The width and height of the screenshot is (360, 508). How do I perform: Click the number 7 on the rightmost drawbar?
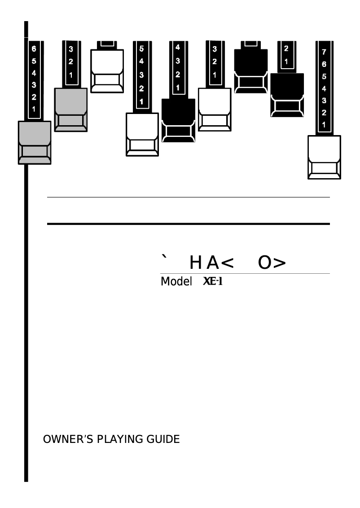(324, 53)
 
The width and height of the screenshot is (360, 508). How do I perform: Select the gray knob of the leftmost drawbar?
(35, 143)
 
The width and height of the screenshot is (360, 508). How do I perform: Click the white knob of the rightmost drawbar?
(324, 157)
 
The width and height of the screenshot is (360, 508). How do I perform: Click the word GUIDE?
(163, 439)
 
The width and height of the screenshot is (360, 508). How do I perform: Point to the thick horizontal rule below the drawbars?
(189, 223)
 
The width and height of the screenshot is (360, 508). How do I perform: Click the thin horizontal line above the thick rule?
(189, 197)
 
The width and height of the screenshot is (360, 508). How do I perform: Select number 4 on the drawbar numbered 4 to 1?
(178, 47)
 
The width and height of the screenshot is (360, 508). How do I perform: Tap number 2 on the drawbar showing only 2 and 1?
(286, 49)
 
